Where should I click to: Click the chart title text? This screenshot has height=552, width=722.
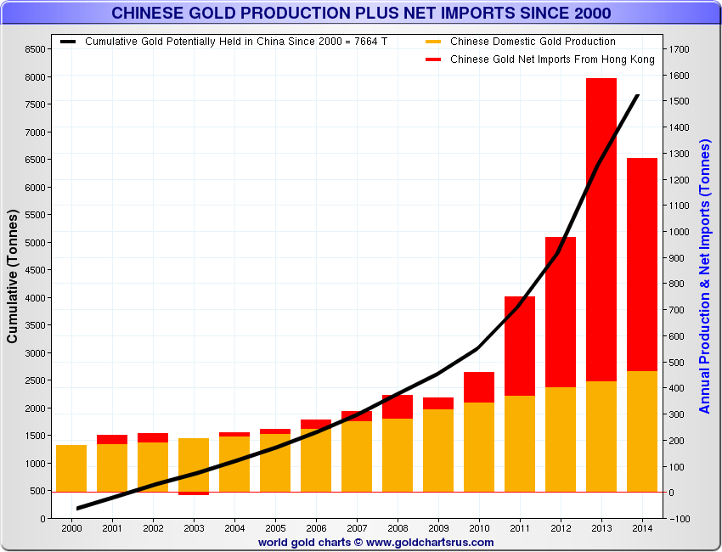point(361,13)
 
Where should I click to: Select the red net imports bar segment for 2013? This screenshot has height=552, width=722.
point(601,229)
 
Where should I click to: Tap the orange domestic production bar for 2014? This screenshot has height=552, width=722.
point(642,431)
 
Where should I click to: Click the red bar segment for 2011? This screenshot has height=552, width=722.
point(520,346)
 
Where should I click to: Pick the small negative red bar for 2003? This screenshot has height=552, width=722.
point(194,493)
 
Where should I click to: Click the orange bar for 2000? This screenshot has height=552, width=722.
point(71,468)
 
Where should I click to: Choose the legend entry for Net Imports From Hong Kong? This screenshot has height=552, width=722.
point(552,59)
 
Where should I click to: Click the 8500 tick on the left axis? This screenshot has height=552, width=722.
point(36,50)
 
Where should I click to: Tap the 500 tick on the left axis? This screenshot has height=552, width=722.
point(38,491)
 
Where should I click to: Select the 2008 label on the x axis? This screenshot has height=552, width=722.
point(398,528)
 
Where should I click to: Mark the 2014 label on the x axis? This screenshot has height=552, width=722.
point(642,528)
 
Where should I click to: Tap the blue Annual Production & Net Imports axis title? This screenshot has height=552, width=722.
point(704,276)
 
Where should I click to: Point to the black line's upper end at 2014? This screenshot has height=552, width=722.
point(638,96)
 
